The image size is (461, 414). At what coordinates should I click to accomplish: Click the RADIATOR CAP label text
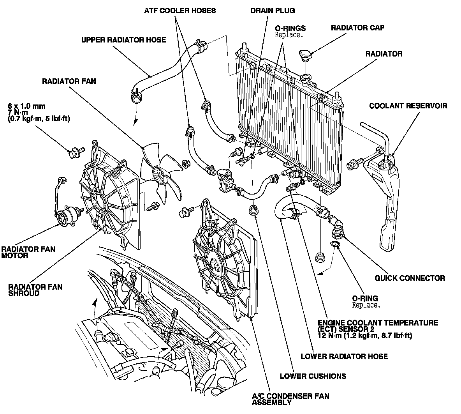[x=357, y=28]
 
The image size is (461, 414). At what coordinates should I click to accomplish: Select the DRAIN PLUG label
[x=272, y=11]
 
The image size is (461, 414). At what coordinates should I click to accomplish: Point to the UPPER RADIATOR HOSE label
[x=123, y=40]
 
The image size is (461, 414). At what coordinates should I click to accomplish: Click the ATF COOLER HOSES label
[x=179, y=11]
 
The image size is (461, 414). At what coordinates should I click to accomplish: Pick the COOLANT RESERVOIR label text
[x=408, y=106]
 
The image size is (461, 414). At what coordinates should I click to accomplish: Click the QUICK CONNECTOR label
[x=410, y=278]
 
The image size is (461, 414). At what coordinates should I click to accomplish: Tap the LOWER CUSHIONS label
[x=313, y=376]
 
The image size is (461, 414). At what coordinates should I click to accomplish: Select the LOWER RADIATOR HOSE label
[x=344, y=356]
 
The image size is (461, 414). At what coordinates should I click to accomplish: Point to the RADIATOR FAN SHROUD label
[x=35, y=290]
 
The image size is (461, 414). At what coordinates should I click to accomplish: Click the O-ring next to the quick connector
[x=334, y=244]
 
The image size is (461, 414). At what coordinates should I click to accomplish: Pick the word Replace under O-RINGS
[x=289, y=35]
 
